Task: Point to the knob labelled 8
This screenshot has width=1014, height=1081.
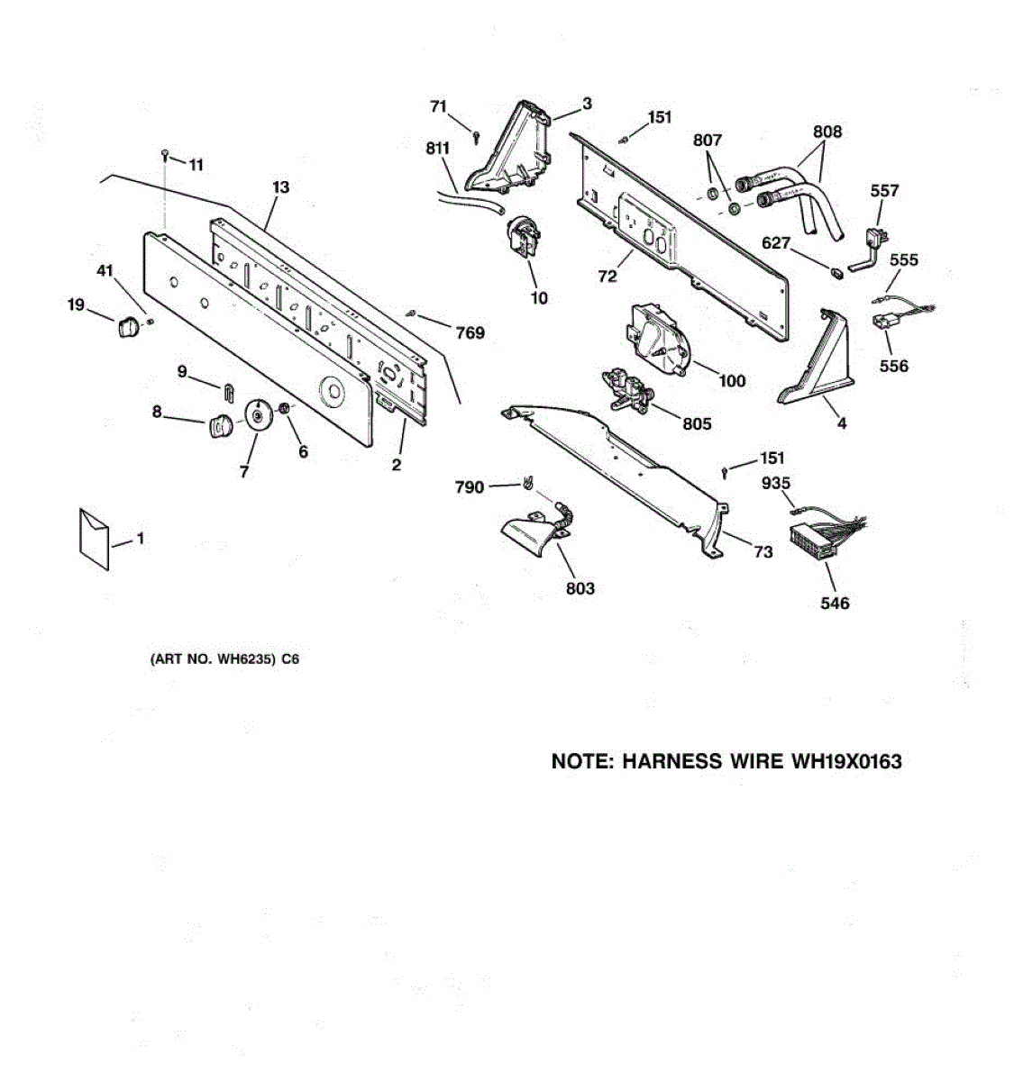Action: click(x=219, y=425)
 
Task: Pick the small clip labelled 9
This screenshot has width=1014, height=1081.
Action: click(x=228, y=390)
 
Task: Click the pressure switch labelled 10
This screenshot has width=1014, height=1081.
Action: click(x=524, y=240)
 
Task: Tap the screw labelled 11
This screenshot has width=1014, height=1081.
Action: click(x=167, y=155)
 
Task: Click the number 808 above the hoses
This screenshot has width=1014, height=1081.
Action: click(x=827, y=132)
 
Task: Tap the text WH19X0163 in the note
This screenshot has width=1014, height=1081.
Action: click(x=846, y=762)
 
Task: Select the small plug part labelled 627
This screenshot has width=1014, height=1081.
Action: click(x=836, y=269)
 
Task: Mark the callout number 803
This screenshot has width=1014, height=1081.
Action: click(x=580, y=588)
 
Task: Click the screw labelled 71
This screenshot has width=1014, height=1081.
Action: click(x=476, y=135)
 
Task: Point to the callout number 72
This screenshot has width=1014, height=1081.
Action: click(x=607, y=277)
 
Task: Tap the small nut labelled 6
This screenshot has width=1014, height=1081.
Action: click(x=284, y=410)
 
